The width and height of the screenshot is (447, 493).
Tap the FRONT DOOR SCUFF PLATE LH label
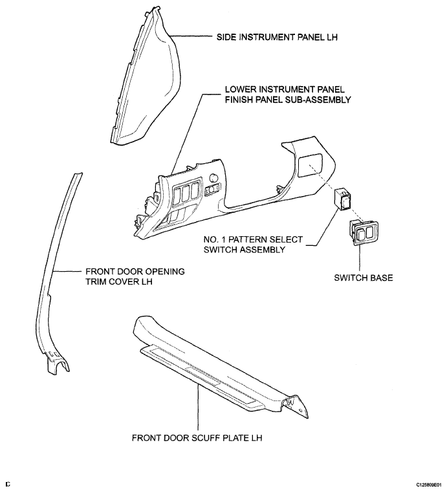click(x=198, y=437)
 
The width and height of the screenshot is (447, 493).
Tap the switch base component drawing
click(x=361, y=234)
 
